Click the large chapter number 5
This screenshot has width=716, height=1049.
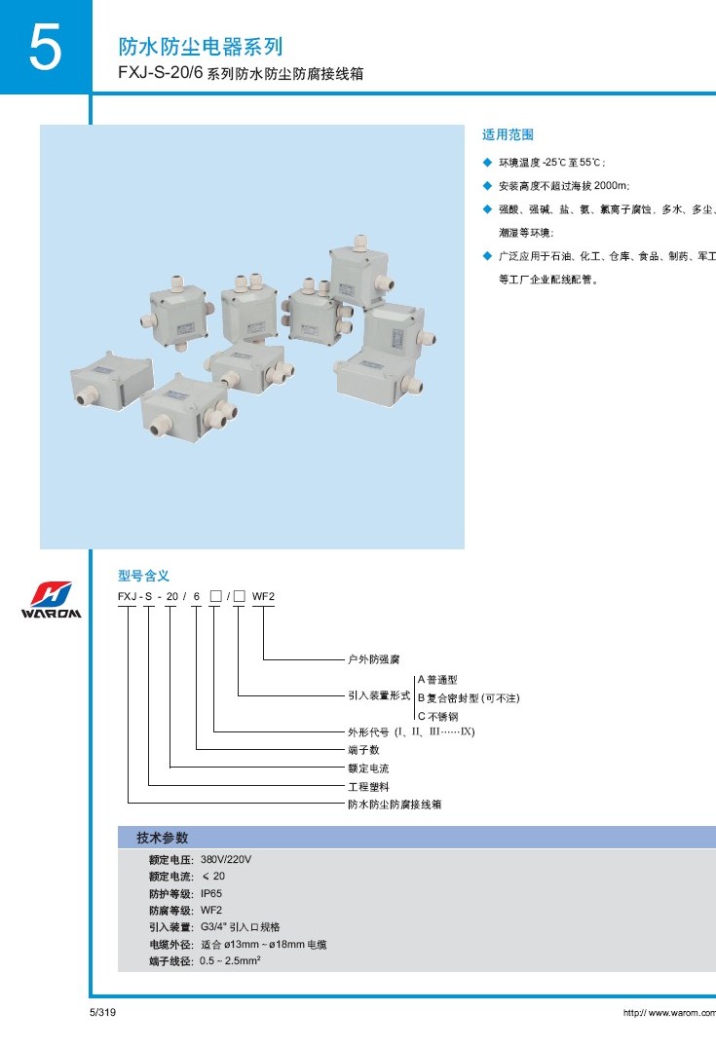click(44, 49)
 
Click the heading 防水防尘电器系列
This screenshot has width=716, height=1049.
click(200, 47)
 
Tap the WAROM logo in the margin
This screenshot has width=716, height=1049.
click(51, 601)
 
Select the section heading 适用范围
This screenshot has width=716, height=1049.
click(509, 134)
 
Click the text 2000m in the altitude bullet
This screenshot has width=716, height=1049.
click(609, 185)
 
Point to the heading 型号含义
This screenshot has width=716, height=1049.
click(143, 576)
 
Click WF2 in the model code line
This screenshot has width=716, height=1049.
click(264, 596)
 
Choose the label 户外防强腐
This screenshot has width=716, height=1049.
click(374, 659)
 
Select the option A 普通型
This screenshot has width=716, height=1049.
click(437, 679)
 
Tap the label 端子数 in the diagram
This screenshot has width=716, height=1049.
click(363, 750)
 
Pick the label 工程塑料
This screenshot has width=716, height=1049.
click(368, 786)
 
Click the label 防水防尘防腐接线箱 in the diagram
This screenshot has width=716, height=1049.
click(395, 805)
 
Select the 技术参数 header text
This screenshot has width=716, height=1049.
click(162, 838)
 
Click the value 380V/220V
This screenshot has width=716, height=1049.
click(226, 860)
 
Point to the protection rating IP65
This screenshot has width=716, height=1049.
click(211, 893)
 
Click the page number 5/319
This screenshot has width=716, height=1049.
click(102, 1013)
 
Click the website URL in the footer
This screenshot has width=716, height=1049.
click(669, 1014)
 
